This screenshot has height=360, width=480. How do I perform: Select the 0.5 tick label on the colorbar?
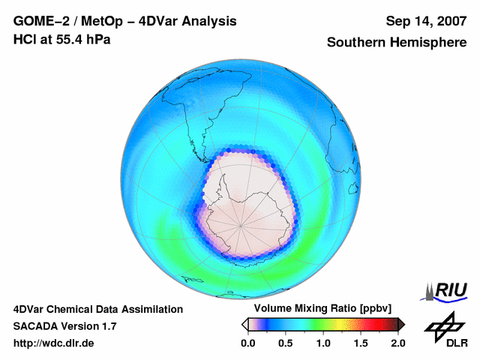coord(285,343)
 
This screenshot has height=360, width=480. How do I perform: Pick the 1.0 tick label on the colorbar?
coord(323,343)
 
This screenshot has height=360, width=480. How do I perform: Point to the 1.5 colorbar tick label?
coord(361,343)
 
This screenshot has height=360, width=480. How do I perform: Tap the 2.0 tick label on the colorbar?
coord(397,343)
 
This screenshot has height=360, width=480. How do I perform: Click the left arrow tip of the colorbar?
coord(244,324)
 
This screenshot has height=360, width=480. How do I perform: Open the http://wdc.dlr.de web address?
coord(54,343)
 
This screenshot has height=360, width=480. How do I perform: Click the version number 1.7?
coord(107,326)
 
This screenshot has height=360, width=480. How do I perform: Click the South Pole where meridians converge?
coord(241,223)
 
